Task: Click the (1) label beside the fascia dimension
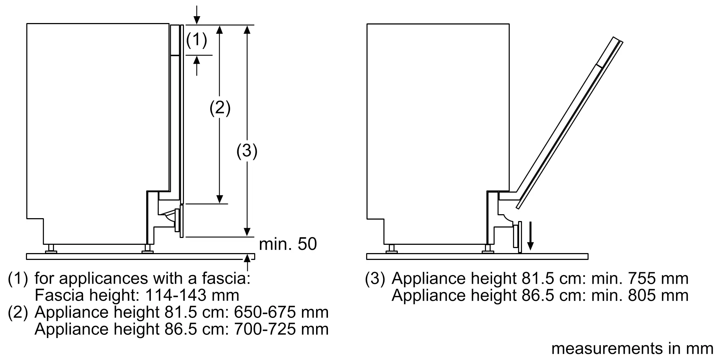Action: click(x=197, y=40)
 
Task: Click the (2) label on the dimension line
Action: click(x=220, y=108)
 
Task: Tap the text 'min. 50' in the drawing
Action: click(x=288, y=244)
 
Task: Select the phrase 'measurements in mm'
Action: click(x=632, y=348)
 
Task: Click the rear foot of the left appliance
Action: click(x=51, y=249)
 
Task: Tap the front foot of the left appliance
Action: click(x=148, y=249)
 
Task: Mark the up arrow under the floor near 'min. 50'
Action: click(x=247, y=262)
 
